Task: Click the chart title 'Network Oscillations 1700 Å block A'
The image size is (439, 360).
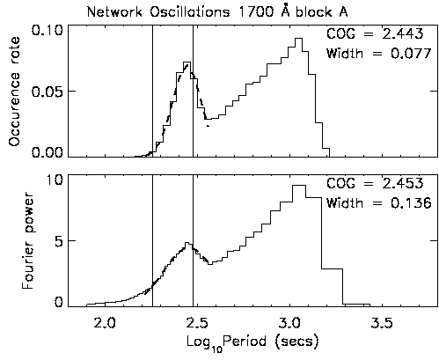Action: point(217,12)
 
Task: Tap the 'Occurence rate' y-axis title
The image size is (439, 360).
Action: point(14,92)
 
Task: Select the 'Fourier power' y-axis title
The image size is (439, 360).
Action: point(27,240)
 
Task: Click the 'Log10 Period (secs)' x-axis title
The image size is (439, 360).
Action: point(252,342)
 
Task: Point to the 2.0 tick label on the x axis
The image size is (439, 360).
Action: point(106,323)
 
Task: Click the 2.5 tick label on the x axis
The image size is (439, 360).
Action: point(198,323)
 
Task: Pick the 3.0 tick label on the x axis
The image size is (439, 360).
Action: point(290,323)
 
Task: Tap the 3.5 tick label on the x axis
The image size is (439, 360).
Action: point(383,323)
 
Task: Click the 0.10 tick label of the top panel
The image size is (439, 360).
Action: point(48,31)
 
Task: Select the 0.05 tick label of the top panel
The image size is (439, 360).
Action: point(48,92)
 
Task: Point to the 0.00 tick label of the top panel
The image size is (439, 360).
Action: point(48,152)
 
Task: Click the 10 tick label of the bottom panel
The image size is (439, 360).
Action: point(55,180)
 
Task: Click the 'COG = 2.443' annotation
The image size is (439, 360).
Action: point(375,33)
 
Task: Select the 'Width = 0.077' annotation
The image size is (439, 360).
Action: point(379,54)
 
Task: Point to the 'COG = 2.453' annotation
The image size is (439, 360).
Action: point(375,183)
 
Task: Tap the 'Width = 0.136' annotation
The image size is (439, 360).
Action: point(379,203)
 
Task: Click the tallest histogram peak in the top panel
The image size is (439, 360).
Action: point(299,39)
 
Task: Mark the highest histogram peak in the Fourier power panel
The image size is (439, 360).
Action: point(299,185)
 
